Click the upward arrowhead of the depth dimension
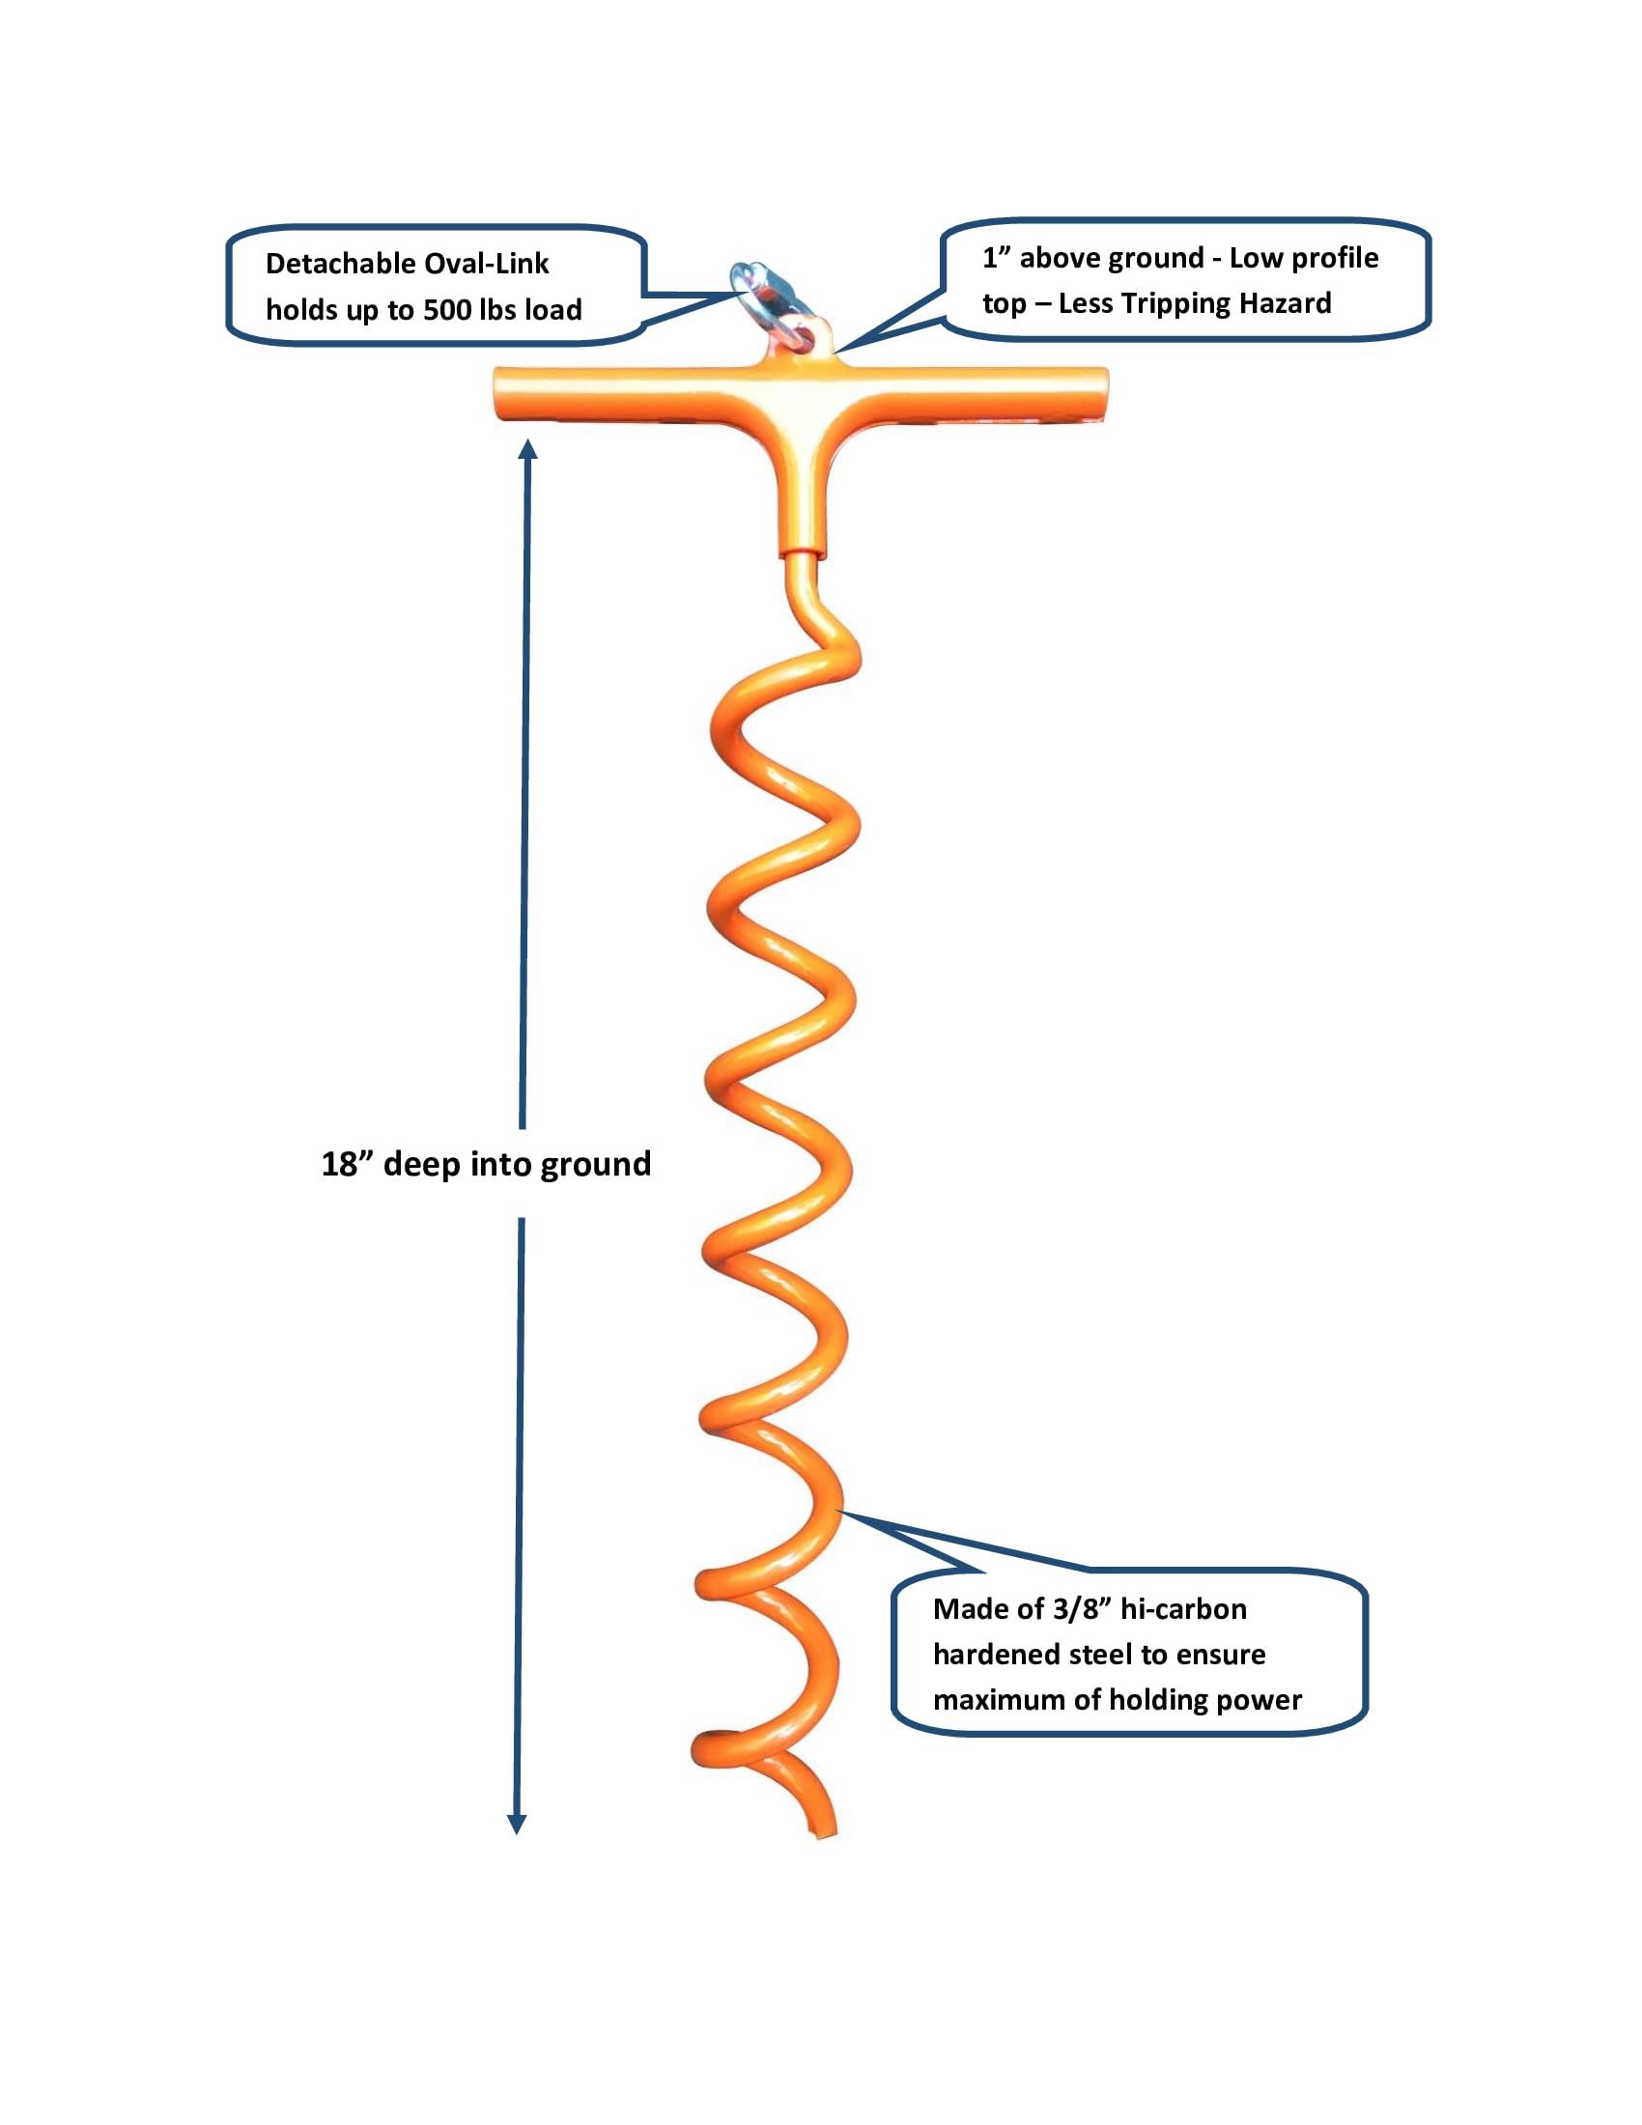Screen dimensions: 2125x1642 pos(528,449)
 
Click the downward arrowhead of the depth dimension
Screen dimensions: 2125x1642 pos(518,1825)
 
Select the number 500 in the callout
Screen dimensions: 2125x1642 pos(447,310)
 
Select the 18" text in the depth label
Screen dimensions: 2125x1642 pos(348,1164)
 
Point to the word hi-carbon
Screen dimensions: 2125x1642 pos(1183,1609)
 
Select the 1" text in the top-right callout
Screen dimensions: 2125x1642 pos(996,258)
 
